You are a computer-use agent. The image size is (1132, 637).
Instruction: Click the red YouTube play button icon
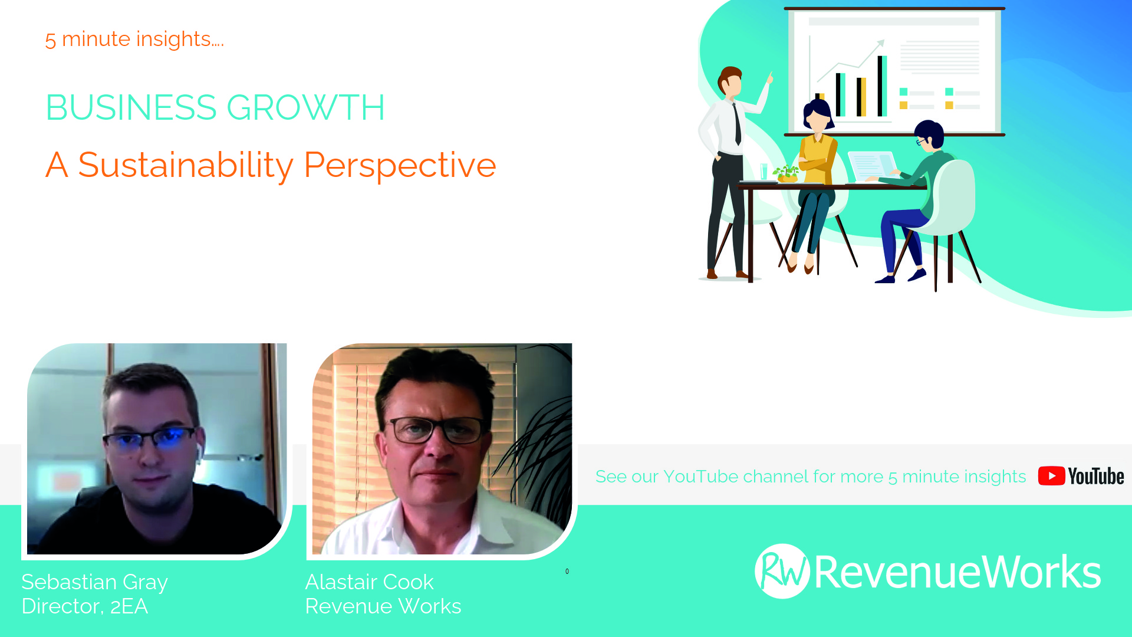pos(1051,476)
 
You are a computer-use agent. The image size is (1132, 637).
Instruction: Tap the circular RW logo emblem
pos(782,571)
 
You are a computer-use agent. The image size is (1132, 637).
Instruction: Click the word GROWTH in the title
pos(305,107)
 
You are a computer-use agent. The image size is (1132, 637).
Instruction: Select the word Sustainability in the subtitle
pos(186,165)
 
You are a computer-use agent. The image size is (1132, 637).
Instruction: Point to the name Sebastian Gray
pos(94,583)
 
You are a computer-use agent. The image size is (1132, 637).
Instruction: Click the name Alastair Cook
pos(370,582)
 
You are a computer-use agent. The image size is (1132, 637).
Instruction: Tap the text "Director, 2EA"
pos(85,606)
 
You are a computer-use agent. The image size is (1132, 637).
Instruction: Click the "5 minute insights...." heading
pos(134,39)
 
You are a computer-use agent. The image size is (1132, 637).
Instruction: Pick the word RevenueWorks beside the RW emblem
pos(957,572)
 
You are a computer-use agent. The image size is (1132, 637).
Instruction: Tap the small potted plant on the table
pos(787,173)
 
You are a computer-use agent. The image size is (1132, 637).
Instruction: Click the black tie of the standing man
pos(737,124)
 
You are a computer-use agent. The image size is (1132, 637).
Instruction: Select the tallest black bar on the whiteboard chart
pos(882,86)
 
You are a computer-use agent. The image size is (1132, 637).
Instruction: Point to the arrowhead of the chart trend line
pos(881,43)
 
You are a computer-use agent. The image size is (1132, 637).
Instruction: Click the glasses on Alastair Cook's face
pos(437,430)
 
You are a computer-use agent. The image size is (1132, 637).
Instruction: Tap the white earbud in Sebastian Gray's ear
pos(199,451)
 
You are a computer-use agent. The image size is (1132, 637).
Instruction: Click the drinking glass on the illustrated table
pos(764,172)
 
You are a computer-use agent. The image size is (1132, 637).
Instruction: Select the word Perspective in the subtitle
pos(400,165)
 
